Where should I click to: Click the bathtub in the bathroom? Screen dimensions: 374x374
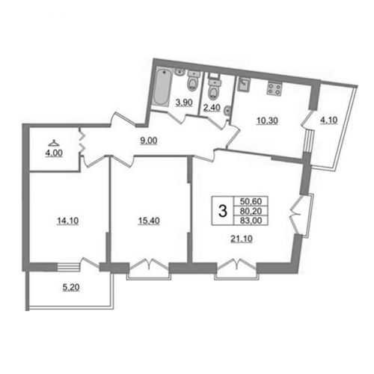162,88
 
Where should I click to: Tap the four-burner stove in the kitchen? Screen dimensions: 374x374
274,88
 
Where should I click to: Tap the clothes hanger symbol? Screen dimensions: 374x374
54,143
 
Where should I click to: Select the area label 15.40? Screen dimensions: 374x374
149,221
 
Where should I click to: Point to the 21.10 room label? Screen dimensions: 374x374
242,239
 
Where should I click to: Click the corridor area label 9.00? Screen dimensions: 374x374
148,141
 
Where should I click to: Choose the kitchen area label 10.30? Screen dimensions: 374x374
267,121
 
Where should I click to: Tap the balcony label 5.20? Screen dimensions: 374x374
70,287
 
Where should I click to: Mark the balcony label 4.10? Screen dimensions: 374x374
328,120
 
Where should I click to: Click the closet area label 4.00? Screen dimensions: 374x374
54,153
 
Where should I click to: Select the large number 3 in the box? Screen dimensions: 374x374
223,211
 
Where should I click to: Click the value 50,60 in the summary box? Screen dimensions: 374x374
251,201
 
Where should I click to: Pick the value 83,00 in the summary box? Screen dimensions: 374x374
251,221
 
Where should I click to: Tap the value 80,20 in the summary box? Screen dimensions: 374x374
251,211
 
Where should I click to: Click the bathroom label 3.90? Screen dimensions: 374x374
184,102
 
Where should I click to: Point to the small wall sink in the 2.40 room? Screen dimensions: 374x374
227,110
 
